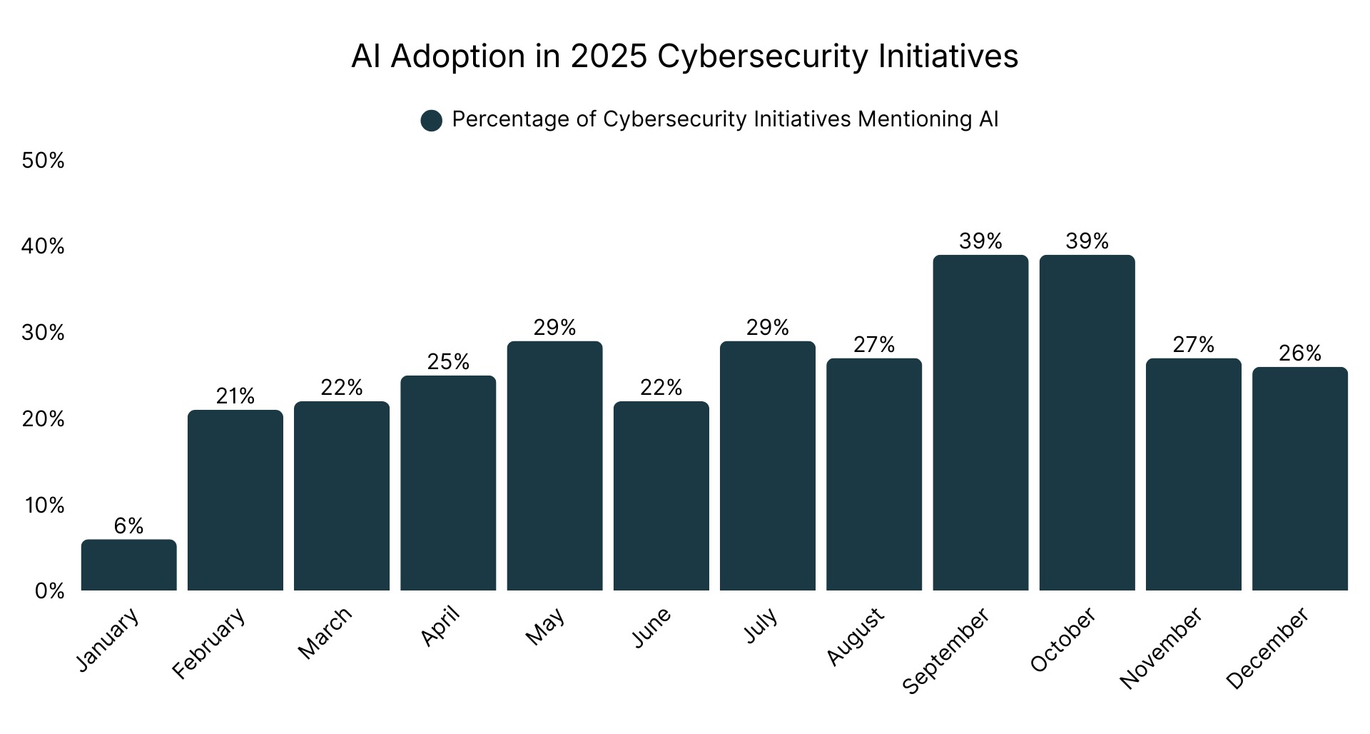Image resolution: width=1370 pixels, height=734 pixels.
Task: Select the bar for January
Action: click(x=128, y=565)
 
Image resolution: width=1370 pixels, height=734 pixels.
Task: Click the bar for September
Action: click(x=980, y=423)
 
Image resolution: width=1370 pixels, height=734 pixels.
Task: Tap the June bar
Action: click(x=661, y=496)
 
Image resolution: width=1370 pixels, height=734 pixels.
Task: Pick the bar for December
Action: click(x=1299, y=478)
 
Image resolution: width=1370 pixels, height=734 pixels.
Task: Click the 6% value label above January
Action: click(x=128, y=526)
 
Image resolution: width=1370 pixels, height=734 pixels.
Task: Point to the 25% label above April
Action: click(x=448, y=362)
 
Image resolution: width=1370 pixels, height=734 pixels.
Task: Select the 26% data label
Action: click(x=1299, y=353)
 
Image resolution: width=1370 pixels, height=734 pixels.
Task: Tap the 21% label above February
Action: click(x=235, y=396)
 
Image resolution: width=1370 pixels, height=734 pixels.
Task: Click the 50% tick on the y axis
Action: click(x=43, y=161)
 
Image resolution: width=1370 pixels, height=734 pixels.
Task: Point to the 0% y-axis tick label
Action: click(x=49, y=591)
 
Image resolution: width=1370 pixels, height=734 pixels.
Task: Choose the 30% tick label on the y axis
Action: click(x=43, y=333)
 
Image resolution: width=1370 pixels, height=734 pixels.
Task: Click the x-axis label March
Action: click(x=325, y=633)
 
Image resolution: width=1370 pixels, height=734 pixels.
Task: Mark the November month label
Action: click(x=1160, y=648)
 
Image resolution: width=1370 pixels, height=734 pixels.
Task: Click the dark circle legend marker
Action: click(x=432, y=121)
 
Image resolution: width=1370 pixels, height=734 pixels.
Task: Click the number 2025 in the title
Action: click(x=608, y=56)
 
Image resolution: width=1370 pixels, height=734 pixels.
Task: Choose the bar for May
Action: click(x=554, y=466)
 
